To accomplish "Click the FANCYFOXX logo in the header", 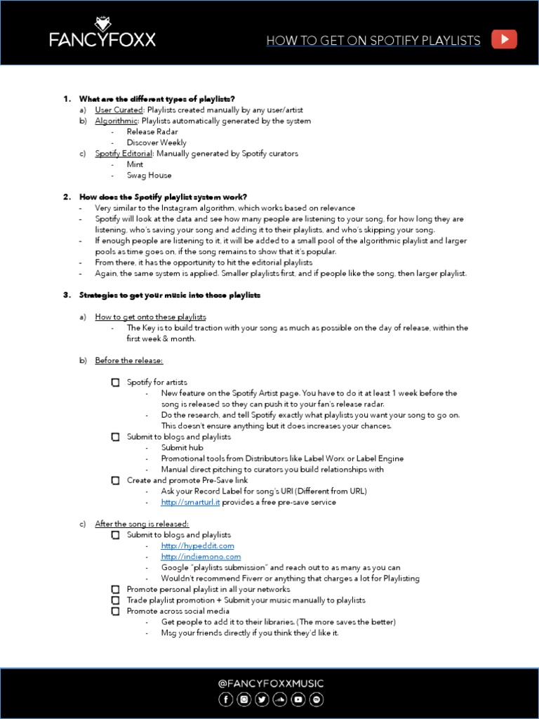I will point(102,33).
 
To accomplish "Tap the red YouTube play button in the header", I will point(504,39).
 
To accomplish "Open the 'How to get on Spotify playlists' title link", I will point(373,41).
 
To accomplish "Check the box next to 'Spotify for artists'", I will point(115,383).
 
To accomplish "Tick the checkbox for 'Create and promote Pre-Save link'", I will point(115,480).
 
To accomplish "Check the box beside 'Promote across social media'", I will point(115,611).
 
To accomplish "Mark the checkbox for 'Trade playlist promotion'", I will point(115,600).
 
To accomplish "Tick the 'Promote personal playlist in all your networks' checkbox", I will point(115,590).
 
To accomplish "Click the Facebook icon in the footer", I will point(226,699).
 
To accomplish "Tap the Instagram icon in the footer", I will point(244,699).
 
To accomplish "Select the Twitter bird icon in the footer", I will point(262,699).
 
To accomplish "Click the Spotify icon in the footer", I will point(317,699).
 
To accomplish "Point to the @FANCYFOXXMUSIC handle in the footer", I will point(269,683).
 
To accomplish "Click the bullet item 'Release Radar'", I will point(152,131).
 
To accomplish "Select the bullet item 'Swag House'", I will point(149,175).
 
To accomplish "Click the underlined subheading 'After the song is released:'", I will point(142,524).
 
